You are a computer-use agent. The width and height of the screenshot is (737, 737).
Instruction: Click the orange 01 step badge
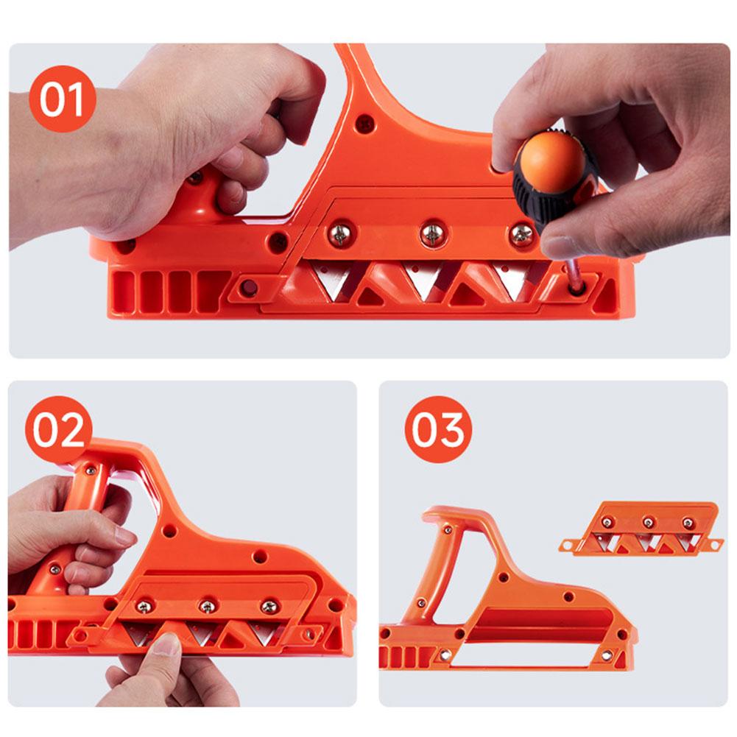(63, 99)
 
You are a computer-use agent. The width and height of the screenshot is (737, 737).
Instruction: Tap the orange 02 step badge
(59, 430)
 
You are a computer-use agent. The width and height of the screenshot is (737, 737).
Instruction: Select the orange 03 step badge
(438, 430)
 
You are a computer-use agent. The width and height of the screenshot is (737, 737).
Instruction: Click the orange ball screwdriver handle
(549, 160)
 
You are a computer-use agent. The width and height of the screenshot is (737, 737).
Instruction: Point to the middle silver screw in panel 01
(432, 234)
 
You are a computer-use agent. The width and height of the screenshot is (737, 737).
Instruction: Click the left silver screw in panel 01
(341, 235)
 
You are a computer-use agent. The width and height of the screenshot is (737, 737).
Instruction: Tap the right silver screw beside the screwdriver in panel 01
(521, 234)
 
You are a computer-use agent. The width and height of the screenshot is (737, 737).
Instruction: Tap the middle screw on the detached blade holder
(649, 523)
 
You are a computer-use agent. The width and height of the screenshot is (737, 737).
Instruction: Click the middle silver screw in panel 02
(208, 606)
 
